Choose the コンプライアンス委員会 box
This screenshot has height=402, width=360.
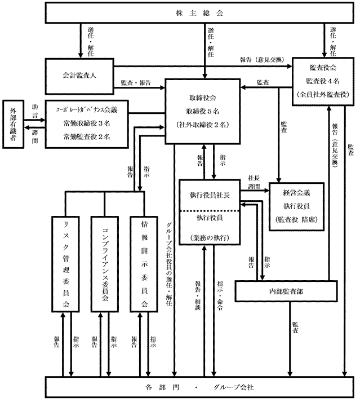(105, 263)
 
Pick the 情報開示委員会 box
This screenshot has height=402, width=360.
(144, 263)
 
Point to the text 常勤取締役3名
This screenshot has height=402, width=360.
(86, 124)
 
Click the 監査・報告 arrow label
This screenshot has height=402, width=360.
(136, 83)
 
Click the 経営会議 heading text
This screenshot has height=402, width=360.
(297, 193)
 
